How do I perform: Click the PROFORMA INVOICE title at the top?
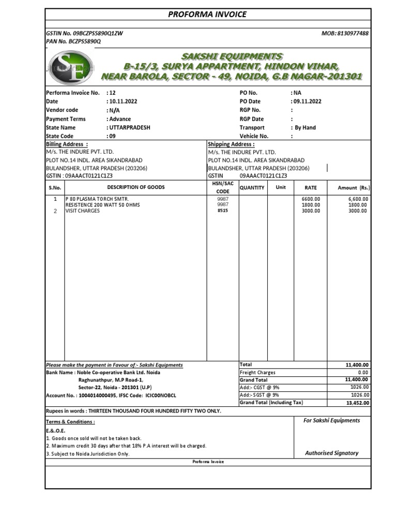click(x=207, y=14)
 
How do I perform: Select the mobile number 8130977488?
click(x=353, y=33)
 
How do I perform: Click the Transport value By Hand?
click(x=305, y=127)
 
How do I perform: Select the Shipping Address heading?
click(x=231, y=144)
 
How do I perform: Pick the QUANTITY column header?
click(x=252, y=187)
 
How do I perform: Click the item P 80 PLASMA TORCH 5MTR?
click(x=97, y=199)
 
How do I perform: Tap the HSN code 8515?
click(x=222, y=211)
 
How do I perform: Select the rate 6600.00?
click(x=311, y=199)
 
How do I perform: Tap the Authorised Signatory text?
click(x=331, y=453)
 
